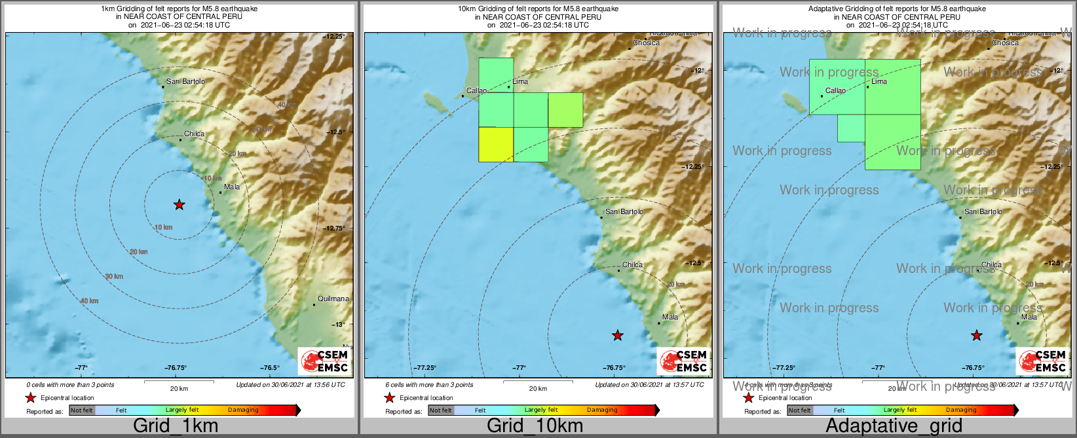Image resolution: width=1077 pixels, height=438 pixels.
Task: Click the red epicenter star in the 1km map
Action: click(x=179, y=205)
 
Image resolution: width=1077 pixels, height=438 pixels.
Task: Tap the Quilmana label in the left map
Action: click(x=333, y=299)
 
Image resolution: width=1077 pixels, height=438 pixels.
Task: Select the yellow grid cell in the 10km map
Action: click(x=496, y=144)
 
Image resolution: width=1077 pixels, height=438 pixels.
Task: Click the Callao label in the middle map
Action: click(x=476, y=91)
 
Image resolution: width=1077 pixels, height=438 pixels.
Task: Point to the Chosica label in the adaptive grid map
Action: click(x=1005, y=43)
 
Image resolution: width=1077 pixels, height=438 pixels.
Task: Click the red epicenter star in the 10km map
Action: click(x=617, y=336)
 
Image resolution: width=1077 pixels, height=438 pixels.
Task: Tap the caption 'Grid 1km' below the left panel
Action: click(x=175, y=426)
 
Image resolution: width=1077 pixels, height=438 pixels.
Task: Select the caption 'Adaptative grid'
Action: click(x=894, y=426)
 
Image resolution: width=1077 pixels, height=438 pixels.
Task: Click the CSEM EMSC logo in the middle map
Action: click(x=683, y=361)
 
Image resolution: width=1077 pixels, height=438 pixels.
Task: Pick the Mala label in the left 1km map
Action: click(x=232, y=187)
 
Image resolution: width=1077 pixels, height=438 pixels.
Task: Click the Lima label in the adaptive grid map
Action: click(x=879, y=82)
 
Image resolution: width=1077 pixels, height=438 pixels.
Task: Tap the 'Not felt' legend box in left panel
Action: click(x=82, y=411)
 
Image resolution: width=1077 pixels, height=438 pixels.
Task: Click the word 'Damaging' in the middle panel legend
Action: click(x=602, y=411)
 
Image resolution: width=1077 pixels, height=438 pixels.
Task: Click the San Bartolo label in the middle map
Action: click(x=624, y=212)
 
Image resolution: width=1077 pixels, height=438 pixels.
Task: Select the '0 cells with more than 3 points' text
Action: click(x=70, y=385)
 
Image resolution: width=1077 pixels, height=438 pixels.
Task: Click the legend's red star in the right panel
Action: click(x=748, y=397)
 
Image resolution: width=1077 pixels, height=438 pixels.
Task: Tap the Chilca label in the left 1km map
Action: click(x=194, y=134)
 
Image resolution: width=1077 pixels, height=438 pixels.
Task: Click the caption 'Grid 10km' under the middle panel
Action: click(x=535, y=426)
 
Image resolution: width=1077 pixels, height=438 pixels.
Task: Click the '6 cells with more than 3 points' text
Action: click(x=429, y=385)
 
